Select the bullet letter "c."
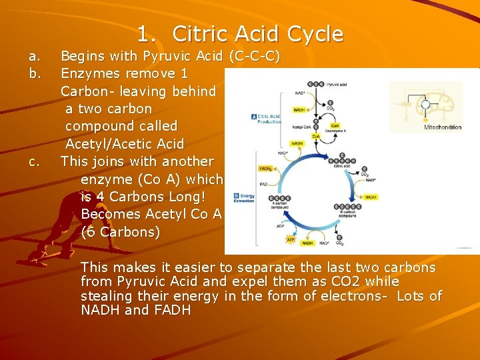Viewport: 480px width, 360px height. pyautogui.click(x=34, y=161)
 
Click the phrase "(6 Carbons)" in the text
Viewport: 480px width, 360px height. pyautogui.click(x=121, y=232)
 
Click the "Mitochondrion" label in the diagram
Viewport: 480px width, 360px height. pyautogui.click(x=443, y=127)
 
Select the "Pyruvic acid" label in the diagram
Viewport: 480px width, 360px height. pyautogui.click(x=351, y=85)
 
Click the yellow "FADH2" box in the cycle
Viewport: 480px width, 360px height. pyautogui.click(x=265, y=169)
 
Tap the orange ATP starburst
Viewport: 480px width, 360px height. pyautogui.click(x=290, y=238)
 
